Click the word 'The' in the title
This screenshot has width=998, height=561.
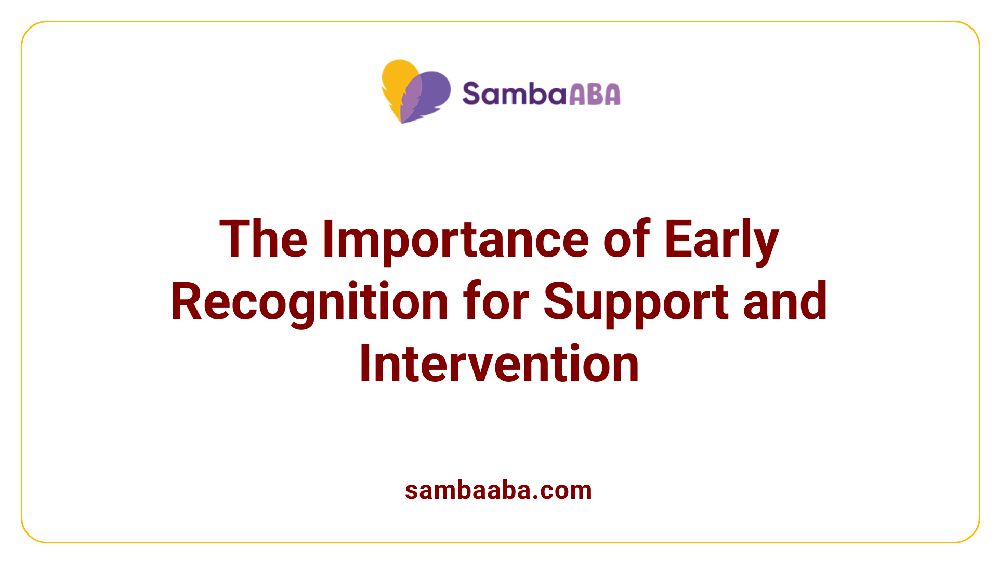coord(264,239)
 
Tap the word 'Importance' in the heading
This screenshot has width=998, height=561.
coord(455,239)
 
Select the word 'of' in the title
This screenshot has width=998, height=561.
coord(626,239)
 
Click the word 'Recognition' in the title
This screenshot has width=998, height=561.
coord(309,302)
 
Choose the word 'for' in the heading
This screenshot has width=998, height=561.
coord(496,302)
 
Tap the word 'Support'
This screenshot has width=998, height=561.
coord(636,302)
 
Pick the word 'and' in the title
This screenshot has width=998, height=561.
coord(785,302)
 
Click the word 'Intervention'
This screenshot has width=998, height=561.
coord(499,364)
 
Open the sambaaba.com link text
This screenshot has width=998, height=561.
coord(498,490)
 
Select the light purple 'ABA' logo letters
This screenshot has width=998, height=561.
coord(595,94)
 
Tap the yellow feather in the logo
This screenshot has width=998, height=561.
coord(395,83)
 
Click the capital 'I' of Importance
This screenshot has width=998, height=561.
coord(327,239)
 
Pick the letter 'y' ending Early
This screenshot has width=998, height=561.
coord(766,244)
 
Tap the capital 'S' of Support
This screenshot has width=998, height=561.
coord(559,302)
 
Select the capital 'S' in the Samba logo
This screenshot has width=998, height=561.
coord(472,94)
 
